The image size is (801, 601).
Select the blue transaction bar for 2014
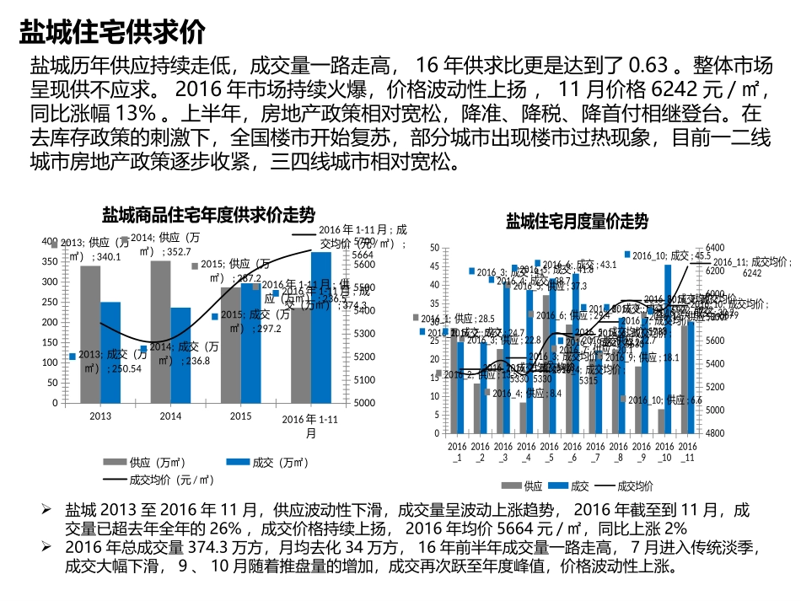180,355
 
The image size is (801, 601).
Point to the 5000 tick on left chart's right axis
363,403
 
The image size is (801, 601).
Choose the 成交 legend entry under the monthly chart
579,486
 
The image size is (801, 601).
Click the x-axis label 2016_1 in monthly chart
457,451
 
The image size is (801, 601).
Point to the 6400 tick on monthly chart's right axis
713,248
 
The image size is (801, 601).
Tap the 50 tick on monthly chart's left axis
434,248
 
